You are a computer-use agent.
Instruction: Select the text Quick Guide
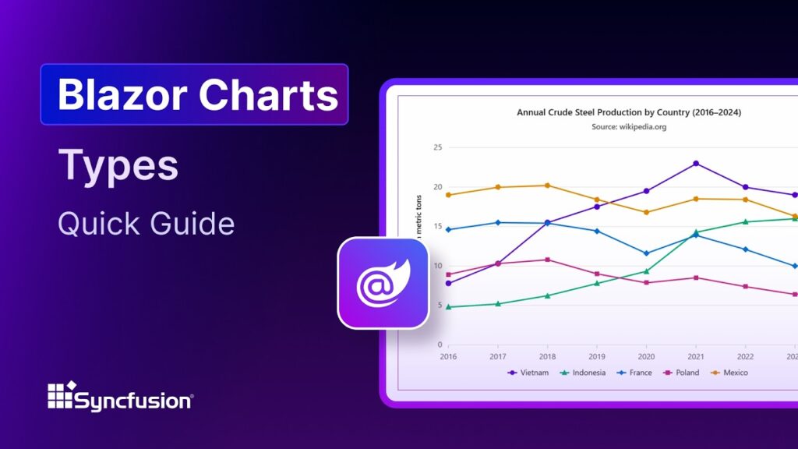point(146,224)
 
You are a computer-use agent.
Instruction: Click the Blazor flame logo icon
point(383,282)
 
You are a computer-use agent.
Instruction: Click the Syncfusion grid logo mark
point(61,396)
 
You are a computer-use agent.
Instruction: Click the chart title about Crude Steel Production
point(629,112)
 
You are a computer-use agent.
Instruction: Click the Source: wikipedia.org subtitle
point(629,126)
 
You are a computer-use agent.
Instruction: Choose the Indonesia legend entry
point(584,373)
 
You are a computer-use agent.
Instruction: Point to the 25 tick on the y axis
point(437,147)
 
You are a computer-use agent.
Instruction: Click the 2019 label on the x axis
point(597,356)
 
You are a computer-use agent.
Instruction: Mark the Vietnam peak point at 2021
point(696,164)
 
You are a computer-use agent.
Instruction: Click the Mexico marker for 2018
point(547,186)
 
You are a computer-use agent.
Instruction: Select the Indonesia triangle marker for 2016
point(448,307)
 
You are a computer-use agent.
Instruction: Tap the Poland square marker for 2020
point(646,282)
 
